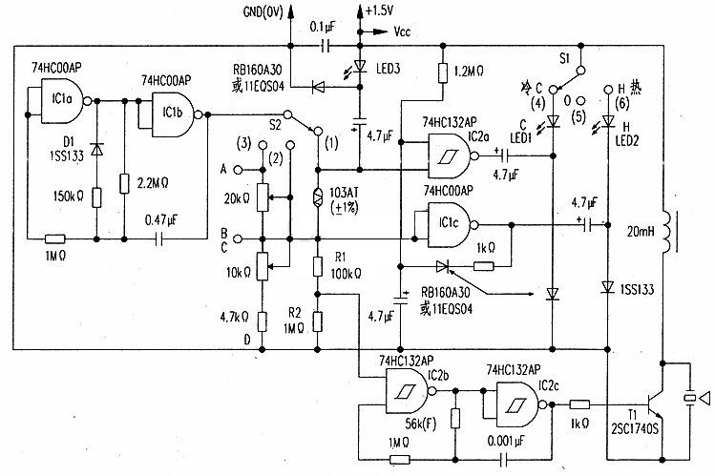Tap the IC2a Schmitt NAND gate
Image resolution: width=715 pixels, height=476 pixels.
[x=450, y=156]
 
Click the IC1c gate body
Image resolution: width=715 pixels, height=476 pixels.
[x=450, y=225]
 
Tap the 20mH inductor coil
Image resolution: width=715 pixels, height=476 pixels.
[x=667, y=231]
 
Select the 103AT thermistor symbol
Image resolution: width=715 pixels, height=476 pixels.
[x=318, y=197]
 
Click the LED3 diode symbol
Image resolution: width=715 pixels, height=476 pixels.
[x=360, y=67]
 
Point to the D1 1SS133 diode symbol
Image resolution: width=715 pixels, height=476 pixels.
[x=96, y=149]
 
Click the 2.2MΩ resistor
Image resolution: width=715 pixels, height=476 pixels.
[x=124, y=183]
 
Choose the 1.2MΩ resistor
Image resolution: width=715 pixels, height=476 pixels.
[x=442, y=72]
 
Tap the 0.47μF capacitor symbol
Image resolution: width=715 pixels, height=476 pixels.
[x=158, y=238]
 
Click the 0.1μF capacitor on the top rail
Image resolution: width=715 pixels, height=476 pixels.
[x=326, y=46]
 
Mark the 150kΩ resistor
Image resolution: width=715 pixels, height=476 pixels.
[x=96, y=197]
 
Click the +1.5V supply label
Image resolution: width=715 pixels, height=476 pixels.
[x=379, y=10]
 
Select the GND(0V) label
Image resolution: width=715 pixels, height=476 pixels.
[x=263, y=11]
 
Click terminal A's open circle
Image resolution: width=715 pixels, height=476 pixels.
[x=238, y=170]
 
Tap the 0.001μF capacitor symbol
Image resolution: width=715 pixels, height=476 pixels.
[x=504, y=459]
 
